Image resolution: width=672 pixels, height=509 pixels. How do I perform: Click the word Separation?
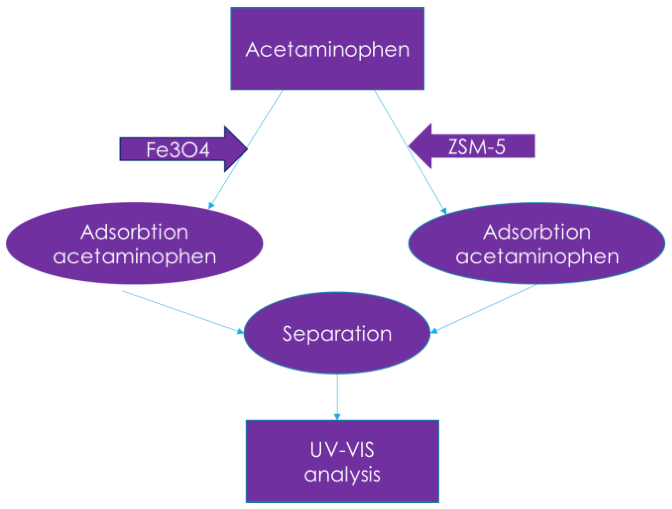coord(337,333)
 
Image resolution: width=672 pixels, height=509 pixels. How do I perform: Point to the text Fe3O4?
coord(178,150)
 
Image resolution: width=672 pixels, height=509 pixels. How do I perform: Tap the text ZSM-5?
coord(477,147)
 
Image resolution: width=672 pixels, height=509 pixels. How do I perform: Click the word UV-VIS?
coord(342,449)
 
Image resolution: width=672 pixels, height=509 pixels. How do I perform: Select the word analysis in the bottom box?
coord(342,474)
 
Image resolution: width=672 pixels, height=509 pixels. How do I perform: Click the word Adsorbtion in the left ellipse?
coord(134,232)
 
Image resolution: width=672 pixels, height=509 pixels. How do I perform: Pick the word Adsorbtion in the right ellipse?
coord(537,232)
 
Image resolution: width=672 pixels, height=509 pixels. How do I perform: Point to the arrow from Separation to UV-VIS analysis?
coord(337,396)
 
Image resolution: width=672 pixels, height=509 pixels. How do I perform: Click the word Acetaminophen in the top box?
coord(327,50)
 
